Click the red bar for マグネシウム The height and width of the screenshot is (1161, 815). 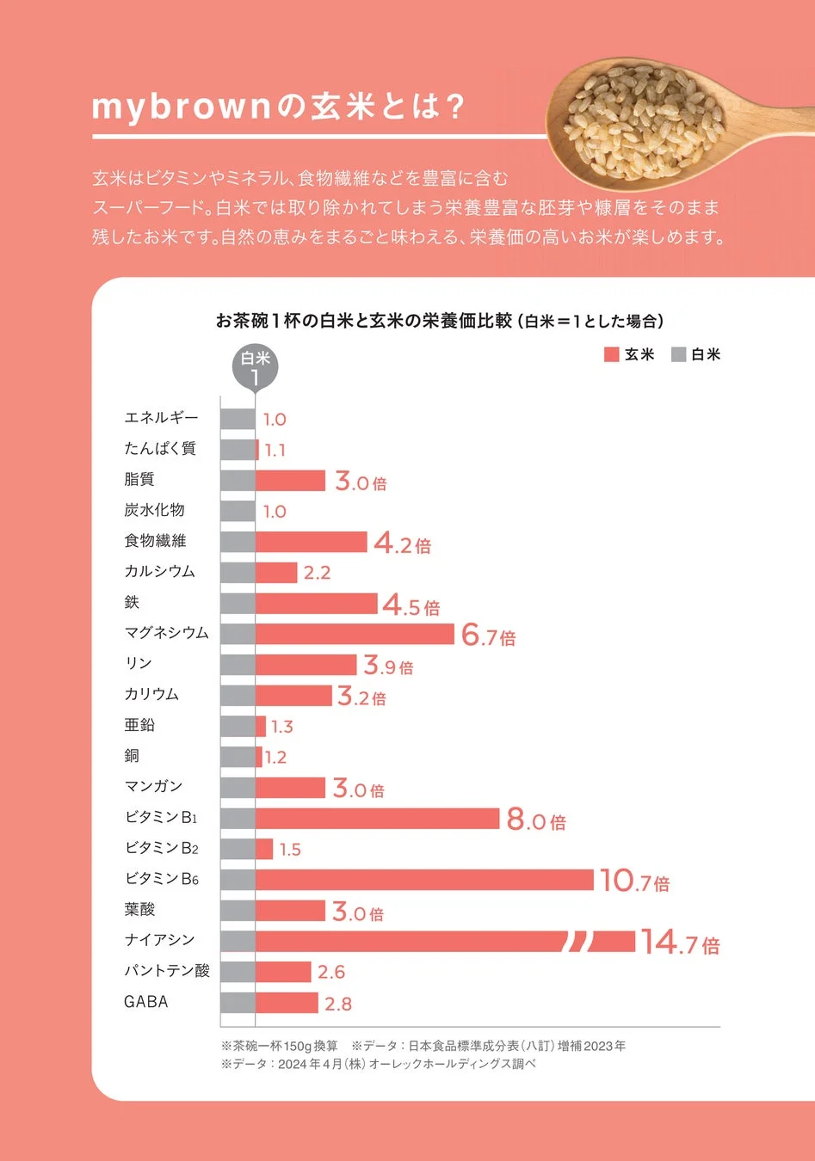(355, 634)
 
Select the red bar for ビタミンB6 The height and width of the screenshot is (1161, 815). (424, 880)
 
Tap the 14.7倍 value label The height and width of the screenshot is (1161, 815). (679, 943)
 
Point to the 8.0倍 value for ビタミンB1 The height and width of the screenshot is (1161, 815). (535, 820)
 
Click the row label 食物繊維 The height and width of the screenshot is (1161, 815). (155, 541)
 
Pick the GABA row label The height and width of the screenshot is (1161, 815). (146, 1002)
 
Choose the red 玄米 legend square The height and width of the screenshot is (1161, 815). (612, 354)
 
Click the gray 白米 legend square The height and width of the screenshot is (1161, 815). (679, 354)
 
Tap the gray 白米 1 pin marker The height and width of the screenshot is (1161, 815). (255, 368)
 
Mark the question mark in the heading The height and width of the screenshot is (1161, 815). (456, 107)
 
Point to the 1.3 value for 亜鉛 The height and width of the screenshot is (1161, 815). (281, 728)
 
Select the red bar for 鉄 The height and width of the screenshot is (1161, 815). (316, 604)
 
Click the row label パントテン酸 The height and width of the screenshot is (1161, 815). (167, 971)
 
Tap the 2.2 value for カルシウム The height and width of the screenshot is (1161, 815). (317, 573)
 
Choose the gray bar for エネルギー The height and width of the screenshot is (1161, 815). (238, 419)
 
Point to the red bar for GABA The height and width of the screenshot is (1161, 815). (287, 1003)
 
